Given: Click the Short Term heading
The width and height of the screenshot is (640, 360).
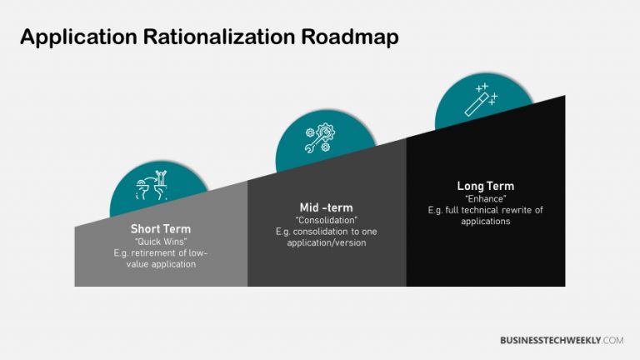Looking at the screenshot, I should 161,229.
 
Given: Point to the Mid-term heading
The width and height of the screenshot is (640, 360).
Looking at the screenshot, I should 327,207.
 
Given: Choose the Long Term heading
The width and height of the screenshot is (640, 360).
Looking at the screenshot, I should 486,186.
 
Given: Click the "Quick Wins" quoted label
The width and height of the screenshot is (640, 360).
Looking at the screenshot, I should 161,241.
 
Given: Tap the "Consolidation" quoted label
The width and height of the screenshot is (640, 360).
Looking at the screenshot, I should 327,220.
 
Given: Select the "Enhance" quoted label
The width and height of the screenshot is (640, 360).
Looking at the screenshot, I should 486,198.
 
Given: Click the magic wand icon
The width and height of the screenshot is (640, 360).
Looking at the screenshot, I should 484,101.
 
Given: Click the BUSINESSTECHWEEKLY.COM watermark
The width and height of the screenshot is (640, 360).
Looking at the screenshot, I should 562,340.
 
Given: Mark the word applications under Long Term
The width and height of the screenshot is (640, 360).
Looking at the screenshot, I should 486,222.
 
